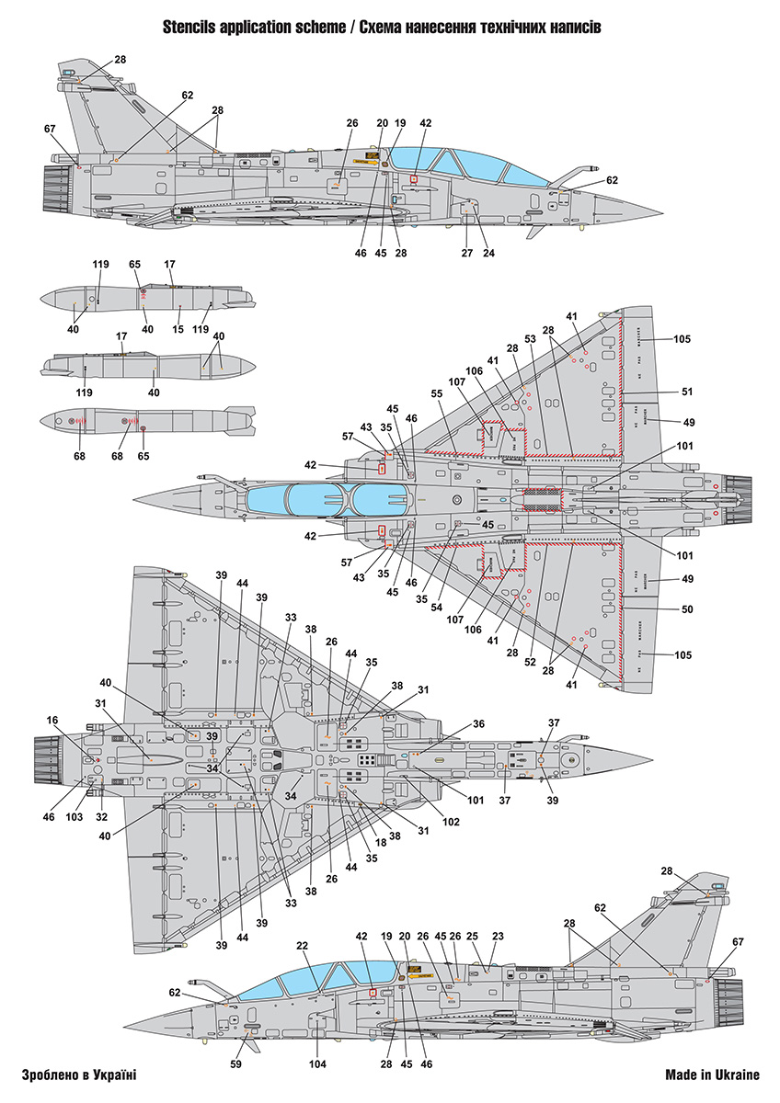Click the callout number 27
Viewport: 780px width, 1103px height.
pos(466,253)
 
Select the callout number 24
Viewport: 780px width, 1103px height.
pos(488,253)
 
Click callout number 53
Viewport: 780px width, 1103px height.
pos(530,339)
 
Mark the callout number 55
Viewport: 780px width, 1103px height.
pos(437,393)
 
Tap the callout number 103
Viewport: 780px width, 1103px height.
pos(79,817)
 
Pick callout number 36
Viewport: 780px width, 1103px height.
pos(479,723)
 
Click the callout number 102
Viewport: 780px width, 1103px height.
pos(451,822)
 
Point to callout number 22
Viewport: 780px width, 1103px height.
pos(302,945)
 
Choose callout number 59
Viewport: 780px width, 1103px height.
pos(236,1064)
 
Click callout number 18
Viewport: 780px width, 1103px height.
pos(382,843)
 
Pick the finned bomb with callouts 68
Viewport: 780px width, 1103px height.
pos(147,421)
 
